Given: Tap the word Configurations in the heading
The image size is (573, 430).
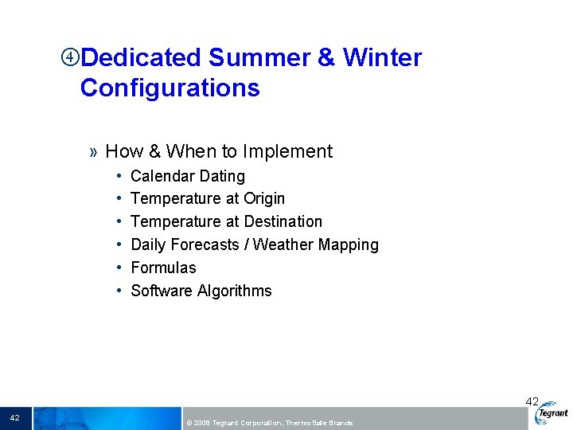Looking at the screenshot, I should click(170, 88).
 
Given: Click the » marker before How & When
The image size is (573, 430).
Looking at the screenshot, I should click(94, 152).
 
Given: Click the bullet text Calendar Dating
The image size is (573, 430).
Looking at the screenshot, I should click(187, 176).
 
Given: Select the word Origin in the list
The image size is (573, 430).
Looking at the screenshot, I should click(264, 198).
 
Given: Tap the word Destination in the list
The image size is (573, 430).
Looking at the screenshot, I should click(283, 221).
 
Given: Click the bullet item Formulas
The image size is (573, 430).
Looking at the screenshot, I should click(163, 268).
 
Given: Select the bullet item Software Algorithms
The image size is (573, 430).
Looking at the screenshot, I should click(201, 291).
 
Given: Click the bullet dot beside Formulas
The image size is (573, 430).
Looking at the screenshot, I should click(118, 268).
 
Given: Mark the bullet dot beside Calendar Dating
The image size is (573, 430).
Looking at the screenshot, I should click(118, 176).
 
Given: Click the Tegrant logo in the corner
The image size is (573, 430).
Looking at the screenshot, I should click(552, 412).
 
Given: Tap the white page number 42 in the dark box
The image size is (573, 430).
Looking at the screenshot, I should click(15, 417).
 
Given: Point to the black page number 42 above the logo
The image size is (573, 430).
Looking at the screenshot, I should click(532, 402).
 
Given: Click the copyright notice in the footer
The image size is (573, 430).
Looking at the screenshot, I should click(268, 422).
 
